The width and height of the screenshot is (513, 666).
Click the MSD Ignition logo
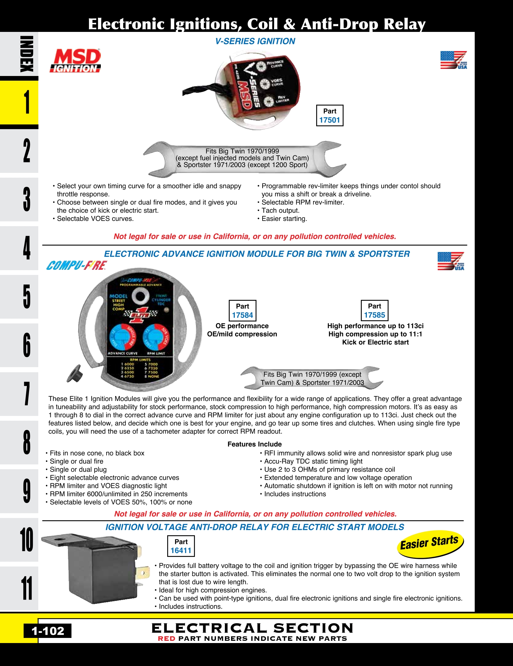(x=75, y=61)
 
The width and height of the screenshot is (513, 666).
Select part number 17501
(x=330, y=120)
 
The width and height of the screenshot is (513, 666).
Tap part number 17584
(x=242, y=315)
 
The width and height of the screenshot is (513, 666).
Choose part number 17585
(x=374, y=315)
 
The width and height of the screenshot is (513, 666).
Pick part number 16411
(x=181, y=551)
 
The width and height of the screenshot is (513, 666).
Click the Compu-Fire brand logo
(x=77, y=265)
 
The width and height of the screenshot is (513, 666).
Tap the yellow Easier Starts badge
(x=430, y=544)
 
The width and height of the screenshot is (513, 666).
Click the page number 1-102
(x=48, y=631)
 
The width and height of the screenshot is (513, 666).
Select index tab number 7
(x=27, y=394)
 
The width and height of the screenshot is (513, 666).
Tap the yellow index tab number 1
(x=27, y=102)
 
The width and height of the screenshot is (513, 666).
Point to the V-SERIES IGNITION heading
(x=255, y=41)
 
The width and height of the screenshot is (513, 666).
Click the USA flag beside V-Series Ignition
(x=453, y=60)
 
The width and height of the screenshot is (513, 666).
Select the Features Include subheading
(x=254, y=444)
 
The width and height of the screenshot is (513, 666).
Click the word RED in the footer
(x=166, y=639)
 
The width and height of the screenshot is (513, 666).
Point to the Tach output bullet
(x=280, y=211)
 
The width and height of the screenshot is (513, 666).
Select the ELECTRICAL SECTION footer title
(x=252, y=628)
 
